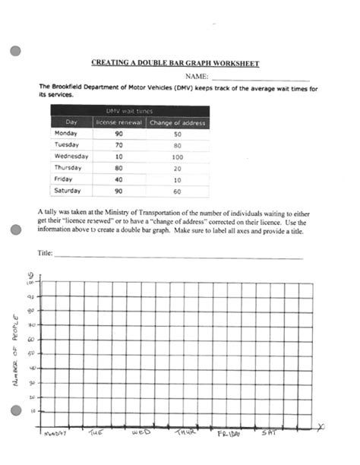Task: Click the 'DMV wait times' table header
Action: [x=128, y=110]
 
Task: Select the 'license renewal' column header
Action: [x=118, y=122]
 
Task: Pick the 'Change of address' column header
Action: [x=177, y=122]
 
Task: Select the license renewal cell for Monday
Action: [x=118, y=133]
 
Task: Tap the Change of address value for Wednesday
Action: [x=177, y=156]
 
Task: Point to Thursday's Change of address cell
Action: [x=177, y=167]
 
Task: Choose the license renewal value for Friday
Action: [x=118, y=179]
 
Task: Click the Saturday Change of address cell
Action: [x=177, y=191]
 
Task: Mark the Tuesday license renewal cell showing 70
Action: [x=118, y=144]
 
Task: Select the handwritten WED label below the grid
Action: [x=141, y=432]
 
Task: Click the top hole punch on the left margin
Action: [x=14, y=52]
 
